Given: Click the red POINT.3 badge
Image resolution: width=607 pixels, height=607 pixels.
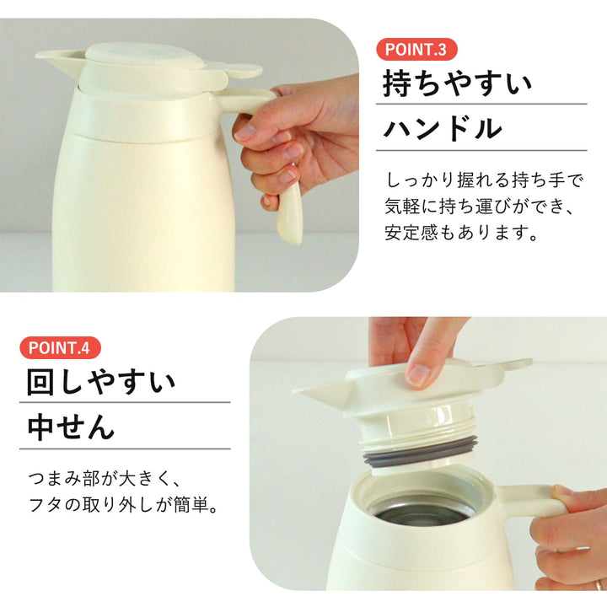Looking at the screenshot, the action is click(416, 50).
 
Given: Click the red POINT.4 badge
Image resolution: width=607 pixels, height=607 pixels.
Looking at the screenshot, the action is click(60, 347).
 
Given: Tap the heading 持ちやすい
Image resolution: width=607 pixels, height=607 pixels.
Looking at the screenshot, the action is click(457, 83).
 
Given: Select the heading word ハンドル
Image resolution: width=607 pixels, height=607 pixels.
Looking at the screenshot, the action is click(443, 128).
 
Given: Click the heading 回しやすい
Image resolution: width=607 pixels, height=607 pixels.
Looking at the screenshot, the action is click(101, 382).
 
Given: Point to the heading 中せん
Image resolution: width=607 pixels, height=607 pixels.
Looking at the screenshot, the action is click(71, 427).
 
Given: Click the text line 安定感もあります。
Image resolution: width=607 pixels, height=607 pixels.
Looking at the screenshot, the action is click(460, 233).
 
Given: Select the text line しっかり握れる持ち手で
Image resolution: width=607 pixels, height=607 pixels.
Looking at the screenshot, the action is click(484, 180).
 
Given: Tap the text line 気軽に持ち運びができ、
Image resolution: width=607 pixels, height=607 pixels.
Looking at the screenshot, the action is click(479, 207).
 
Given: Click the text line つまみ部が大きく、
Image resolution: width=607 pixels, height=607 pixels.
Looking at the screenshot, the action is click(104, 479).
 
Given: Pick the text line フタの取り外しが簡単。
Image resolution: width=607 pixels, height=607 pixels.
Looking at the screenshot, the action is click(124, 505).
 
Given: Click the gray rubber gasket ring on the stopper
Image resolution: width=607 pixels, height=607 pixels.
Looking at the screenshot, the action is click(420, 451).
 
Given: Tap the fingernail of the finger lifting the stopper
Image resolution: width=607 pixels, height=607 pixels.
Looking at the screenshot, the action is click(417, 374).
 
